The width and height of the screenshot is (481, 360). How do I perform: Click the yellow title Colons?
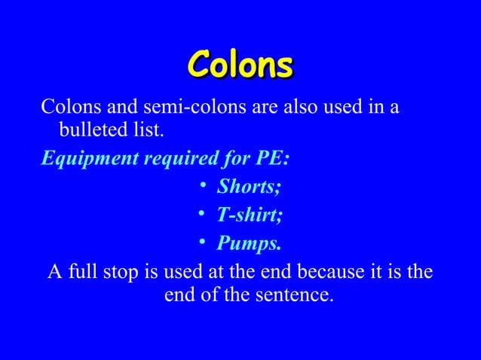pos(240,64)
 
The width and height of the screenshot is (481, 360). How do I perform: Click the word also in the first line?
pos(299,108)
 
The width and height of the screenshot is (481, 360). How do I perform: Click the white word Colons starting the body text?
pos(66,108)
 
